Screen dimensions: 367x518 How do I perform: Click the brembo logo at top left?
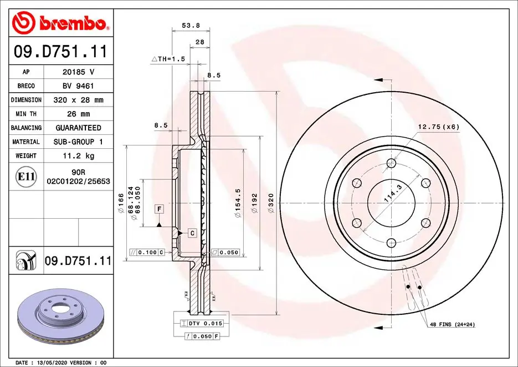click(x=60, y=23)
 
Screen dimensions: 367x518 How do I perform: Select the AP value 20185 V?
click(x=78, y=72)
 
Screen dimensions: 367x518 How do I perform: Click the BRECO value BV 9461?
click(x=78, y=86)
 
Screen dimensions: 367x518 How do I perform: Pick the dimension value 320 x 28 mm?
click(x=78, y=100)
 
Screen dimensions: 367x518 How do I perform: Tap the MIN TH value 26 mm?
click(x=78, y=114)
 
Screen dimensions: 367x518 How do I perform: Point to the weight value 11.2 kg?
click(x=78, y=156)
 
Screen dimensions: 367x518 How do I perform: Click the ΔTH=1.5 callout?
click(x=168, y=58)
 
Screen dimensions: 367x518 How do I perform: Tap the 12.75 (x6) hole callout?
click(x=438, y=127)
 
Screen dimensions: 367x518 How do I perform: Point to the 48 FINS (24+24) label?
click(x=452, y=324)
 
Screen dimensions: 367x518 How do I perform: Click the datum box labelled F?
click(x=159, y=209)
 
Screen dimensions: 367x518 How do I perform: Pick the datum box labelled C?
click(x=192, y=233)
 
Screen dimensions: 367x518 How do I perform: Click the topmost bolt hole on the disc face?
click(x=392, y=163)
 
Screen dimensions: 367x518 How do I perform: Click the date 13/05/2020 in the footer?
click(x=57, y=363)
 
